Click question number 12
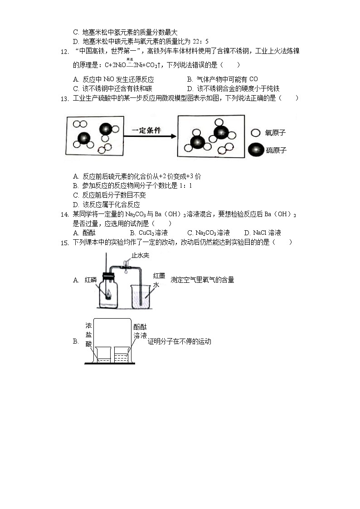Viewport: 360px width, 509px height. coord(64,52)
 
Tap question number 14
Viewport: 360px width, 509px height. coord(64,214)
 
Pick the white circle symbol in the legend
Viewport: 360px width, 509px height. coord(255,133)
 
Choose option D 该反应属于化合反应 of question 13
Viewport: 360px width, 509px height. coord(106,204)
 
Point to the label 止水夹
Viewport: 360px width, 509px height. coord(140,256)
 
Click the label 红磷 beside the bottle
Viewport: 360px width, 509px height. coord(91,280)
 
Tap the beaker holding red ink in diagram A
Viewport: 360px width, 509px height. coord(141,295)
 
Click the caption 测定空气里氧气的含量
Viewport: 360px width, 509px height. coord(202,280)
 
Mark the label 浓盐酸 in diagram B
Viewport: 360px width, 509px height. coord(89,334)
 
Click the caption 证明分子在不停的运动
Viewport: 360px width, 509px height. coord(180,341)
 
